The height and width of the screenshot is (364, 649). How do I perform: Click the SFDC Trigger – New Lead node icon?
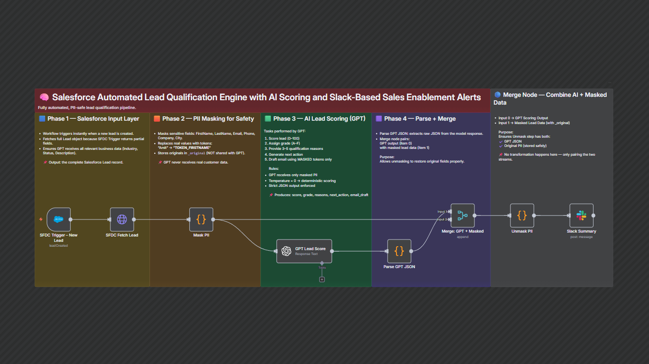tap(59, 219)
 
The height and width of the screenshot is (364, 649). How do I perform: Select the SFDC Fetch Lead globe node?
tap(122, 219)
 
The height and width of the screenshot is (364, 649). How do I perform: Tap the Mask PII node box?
tap(201, 219)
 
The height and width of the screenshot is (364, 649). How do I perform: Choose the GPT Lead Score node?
tap(304, 251)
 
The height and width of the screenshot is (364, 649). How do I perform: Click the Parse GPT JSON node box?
tap(399, 251)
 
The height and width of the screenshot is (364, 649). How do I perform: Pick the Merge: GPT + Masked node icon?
tap(462, 216)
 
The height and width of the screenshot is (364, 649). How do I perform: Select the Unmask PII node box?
tap(522, 216)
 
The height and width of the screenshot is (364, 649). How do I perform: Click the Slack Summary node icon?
tap(581, 216)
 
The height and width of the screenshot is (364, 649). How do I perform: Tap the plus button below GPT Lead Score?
tap(322, 279)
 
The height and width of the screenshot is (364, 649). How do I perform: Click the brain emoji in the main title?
tap(44, 97)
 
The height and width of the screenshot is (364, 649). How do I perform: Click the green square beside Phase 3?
tap(268, 119)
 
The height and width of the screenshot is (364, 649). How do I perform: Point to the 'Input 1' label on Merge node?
tap(442, 212)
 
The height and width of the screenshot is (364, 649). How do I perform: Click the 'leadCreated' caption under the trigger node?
tap(59, 246)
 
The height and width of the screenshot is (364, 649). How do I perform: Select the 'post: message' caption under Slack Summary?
tap(581, 237)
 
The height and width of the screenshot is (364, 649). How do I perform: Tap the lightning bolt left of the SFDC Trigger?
tap(41, 219)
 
